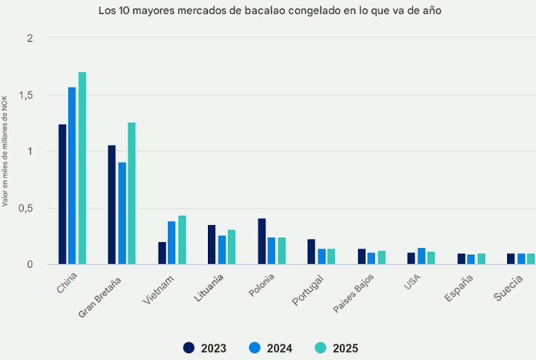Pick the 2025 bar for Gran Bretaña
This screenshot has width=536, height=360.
coord(132,194)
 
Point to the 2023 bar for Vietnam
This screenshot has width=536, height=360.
coord(162,253)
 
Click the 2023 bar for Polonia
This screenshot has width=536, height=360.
coord(261,241)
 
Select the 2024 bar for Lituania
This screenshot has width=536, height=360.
coord(222,250)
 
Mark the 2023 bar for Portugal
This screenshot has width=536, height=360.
coord(311,252)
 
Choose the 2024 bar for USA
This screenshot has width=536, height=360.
coord(421,256)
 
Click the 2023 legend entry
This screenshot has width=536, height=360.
coord(205,347)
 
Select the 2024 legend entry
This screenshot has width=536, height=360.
coord(270,347)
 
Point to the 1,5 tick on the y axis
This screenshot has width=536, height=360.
coord(26,95)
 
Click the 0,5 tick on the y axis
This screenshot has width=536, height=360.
coord(26,208)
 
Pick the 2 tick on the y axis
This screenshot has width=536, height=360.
coord(30,39)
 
